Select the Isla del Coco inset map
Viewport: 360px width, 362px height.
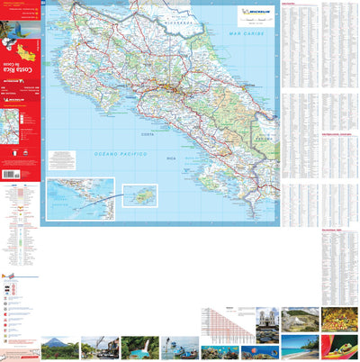click(139, 195)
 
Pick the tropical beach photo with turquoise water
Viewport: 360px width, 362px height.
click(300, 347)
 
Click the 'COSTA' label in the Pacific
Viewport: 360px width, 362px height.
click(147, 135)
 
